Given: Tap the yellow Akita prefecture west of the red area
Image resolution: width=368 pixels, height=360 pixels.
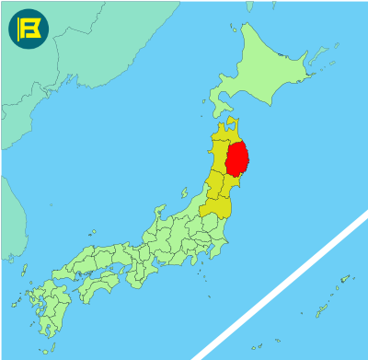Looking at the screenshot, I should coord(218,158).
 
